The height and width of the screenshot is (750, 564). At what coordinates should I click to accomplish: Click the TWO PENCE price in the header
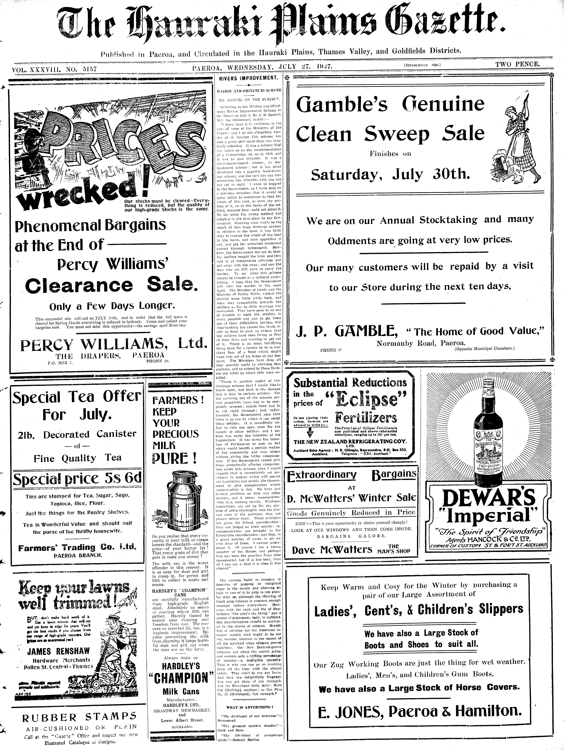517,64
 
